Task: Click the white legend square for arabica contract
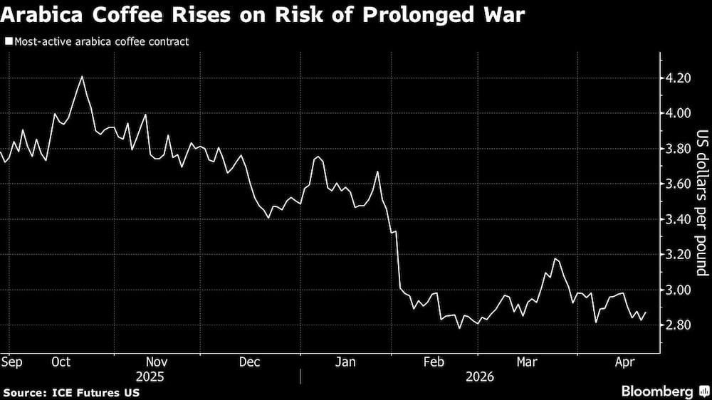tap(8, 42)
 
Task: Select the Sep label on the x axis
tap(11, 362)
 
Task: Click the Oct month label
tap(61, 362)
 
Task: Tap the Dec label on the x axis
tap(249, 362)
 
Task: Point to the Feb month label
tap(434, 362)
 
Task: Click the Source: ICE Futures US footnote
tap(70, 392)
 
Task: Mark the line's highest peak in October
tap(83, 76)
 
